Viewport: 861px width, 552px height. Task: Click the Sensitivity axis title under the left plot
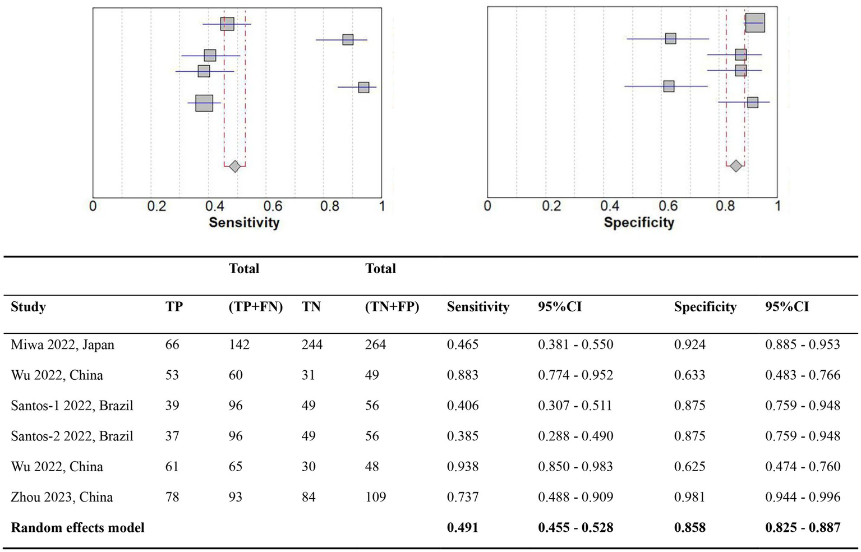(244, 223)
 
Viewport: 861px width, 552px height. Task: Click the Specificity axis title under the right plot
(639, 223)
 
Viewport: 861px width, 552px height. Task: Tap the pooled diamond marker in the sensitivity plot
(234, 166)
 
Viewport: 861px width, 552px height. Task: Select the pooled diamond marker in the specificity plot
(735, 166)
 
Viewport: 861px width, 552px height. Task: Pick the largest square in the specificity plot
(754, 23)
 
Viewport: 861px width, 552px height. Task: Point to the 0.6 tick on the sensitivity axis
(273, 206)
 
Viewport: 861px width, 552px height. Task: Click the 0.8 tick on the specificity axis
(725, 206)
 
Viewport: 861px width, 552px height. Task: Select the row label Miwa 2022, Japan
(62, 344)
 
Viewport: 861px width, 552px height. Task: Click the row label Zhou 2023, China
(62, 497)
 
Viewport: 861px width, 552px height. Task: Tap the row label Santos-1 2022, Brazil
(72, 406)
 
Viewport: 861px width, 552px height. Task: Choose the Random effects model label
(77, 528)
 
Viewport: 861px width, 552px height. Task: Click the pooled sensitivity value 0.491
(462, 528)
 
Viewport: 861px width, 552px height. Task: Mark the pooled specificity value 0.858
(689, 528)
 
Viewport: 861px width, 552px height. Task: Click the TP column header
(174, 307)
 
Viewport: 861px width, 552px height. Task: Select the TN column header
(311, 307)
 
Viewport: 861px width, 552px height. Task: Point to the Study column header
(28, 307)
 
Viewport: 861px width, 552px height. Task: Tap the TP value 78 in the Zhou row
(172, 497)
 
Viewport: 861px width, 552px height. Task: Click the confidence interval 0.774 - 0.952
(575, 375)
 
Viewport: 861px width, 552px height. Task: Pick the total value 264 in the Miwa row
(375, 344)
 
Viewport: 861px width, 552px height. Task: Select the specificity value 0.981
(689, 497)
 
